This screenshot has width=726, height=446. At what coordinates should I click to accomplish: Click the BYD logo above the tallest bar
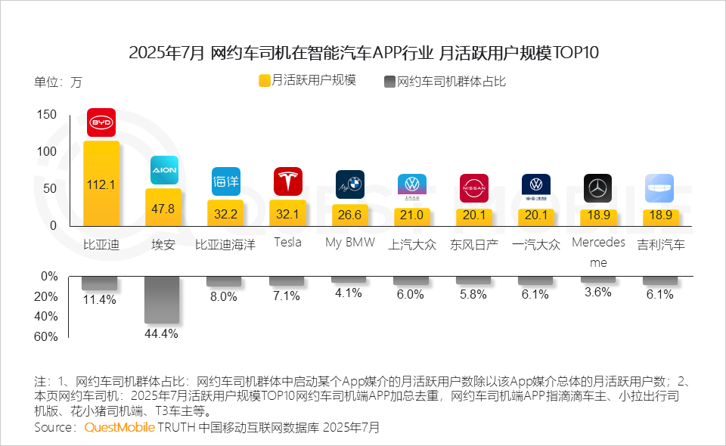(x=101, y=122)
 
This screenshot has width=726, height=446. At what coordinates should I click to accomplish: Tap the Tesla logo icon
(x=287, y=181)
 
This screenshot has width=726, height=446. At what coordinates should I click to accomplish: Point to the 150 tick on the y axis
(x=46, y=114)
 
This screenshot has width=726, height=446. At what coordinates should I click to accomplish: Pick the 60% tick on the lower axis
(x=46, y=336)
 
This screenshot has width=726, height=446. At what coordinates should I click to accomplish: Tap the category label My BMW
(x=349, y=243)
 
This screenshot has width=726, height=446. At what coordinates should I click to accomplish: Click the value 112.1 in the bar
(x=101, y=184)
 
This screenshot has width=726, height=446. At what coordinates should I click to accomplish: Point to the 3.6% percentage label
(x=597, y=292)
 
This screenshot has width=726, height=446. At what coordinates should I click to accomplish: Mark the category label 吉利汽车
(x=660, y=244)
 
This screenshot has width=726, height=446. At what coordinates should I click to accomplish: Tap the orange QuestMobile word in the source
(x=119, y=428)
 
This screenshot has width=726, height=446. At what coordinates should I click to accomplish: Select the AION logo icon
(x=163, y=170)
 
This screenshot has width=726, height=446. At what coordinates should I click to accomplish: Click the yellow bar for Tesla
(x=287, y=212)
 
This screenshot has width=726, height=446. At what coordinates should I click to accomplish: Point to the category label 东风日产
(x=474, y=244)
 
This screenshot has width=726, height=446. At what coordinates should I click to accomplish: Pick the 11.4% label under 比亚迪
(x=100, y=299)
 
